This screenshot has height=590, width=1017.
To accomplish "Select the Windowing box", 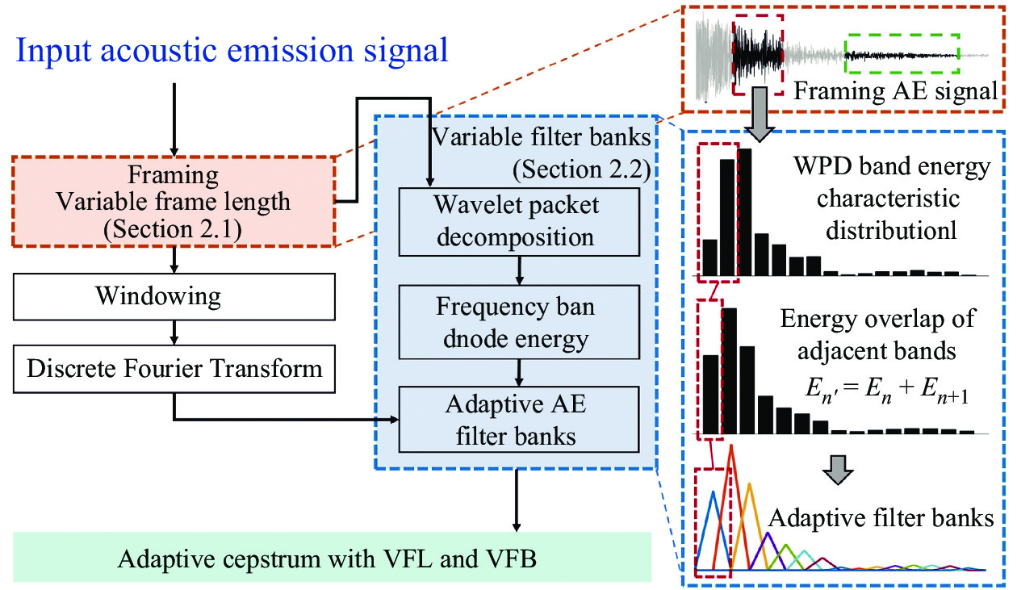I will coord(174,296).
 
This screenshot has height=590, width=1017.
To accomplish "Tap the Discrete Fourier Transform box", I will coord(174,370).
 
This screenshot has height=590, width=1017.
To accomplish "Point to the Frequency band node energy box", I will coord(517,322).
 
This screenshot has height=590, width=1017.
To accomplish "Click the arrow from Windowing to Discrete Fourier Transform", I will coord(174,334).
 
